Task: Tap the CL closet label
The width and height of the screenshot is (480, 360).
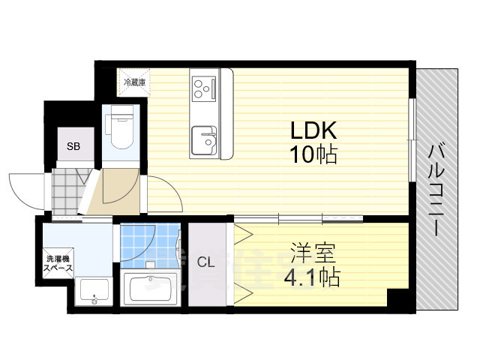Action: [205, 262]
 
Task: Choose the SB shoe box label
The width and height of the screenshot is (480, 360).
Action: [74, 146]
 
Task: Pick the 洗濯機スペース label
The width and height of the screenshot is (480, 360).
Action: [58, 263]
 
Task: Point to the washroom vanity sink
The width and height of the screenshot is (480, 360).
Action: [93, 291]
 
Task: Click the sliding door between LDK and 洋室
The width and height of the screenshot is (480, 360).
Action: [300, 219]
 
